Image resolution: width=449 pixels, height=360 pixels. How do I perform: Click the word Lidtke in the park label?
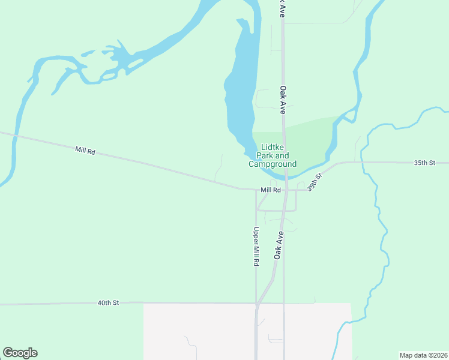tap(273, 148)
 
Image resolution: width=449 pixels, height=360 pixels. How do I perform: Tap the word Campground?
tap(273, 164)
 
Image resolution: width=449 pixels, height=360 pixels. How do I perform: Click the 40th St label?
tap(109, 303)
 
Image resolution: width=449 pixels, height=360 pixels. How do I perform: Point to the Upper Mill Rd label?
tap(256, 247)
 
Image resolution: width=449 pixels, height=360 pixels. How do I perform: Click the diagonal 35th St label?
tap(315, 181)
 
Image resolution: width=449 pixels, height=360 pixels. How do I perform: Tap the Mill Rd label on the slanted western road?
tap(85, 151)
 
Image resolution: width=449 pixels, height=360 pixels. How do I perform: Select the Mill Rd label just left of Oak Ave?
tap(271, 190)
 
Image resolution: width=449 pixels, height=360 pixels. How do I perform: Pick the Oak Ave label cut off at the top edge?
tap(281, 8)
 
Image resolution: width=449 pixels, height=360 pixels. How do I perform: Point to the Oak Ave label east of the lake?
tap(282, 100)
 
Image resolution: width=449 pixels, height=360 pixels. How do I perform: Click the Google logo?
tap(20, 353)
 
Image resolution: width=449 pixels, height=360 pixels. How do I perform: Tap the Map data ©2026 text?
tap(423, 355)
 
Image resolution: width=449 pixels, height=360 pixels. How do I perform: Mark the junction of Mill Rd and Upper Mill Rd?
tap(256, 190)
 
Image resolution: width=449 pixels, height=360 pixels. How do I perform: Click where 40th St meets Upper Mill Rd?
tap(256, 304)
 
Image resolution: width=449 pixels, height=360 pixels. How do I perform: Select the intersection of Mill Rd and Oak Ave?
tap(287, 190)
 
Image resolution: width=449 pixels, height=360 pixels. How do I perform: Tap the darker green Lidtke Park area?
tap(309, 141)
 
